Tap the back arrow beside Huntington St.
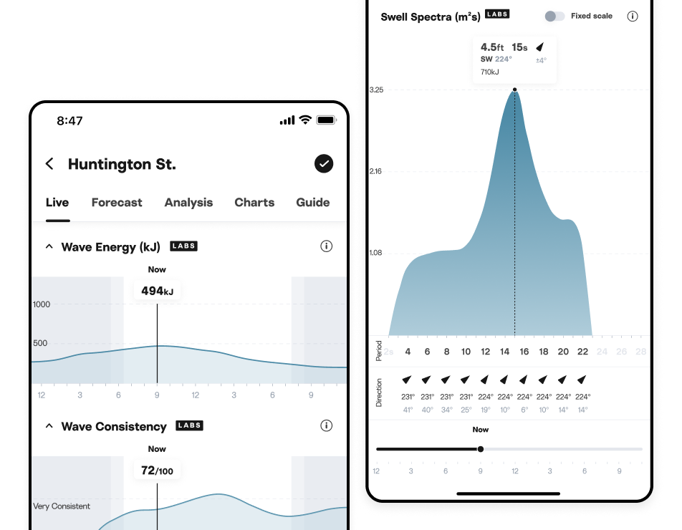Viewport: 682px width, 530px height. (49, 164)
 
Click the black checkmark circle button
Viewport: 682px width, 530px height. (324, 164)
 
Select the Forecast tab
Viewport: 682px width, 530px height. (117, 203)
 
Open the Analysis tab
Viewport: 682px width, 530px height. (188, 203)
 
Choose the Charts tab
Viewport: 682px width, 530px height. (254, 203)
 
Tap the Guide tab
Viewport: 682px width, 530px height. (313, 203)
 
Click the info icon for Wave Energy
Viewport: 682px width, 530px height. (327, 246)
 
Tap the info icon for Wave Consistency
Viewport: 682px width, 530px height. (327, 425)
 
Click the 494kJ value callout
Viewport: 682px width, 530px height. (157, 291)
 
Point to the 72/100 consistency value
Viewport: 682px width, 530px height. (157, 471)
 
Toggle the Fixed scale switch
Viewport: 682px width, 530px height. (554, 16)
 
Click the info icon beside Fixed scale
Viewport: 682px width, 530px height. (633, 16)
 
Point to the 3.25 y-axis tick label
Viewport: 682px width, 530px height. (376, 90)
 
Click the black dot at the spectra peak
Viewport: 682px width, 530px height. (514, 90)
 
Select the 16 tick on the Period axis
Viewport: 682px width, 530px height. (524, 352)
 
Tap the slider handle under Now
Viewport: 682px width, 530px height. (481, 449)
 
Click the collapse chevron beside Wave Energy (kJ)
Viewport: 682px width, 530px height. (49, 246)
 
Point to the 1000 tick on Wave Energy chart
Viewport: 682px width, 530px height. (42, 304)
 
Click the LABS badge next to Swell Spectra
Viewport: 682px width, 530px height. (497, 14)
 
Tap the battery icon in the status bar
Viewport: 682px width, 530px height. (326, 120)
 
